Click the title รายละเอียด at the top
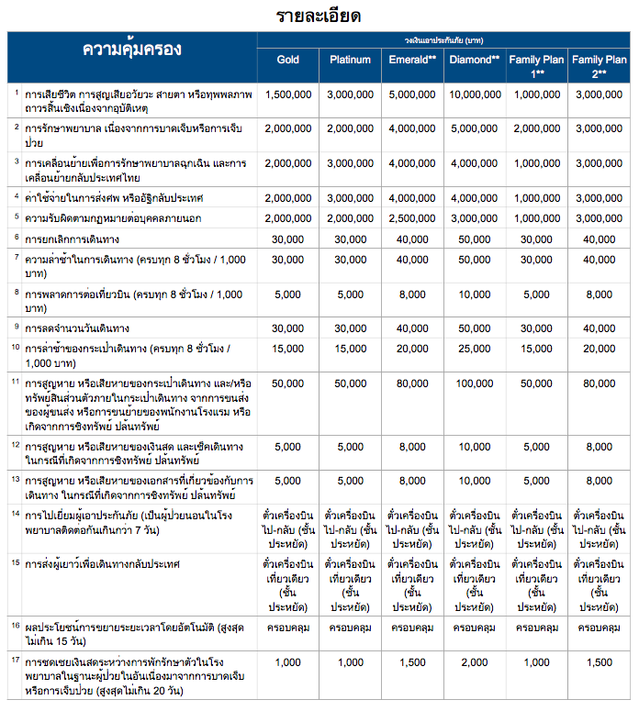click(319, 16)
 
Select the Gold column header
click(288, 60)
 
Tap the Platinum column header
click(350, 60)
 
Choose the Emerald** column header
click(412, 60)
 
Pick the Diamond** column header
click(475, 60)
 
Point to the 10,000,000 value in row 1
click(475, 94)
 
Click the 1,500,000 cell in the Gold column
click(288, 94)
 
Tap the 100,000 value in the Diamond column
click(475, 383)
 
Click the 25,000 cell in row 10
click(475, 349)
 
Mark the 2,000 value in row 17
click(475, 662)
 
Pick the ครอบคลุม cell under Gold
click(288, 628)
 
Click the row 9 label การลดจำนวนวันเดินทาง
click(77, 328)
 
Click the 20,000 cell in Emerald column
click(412, 349)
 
